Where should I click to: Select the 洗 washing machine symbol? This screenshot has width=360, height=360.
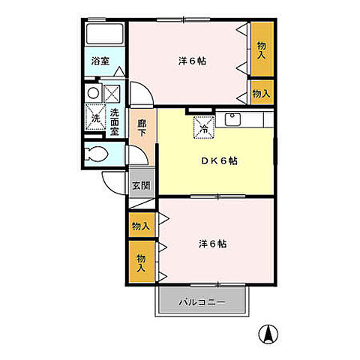point(96,117)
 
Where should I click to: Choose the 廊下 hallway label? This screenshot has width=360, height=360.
point(141,127)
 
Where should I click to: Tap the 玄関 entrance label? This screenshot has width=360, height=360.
point(140,185)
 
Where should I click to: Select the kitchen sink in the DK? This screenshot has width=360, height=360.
point(232,119)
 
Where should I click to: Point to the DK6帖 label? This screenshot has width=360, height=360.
point(217,160)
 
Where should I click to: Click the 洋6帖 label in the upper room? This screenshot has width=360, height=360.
point(192,61)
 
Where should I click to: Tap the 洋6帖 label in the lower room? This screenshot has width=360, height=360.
point(212,244)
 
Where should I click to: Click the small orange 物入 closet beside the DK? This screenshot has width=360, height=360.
point(261,94)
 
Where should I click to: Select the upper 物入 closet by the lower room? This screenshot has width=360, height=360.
point(140,225)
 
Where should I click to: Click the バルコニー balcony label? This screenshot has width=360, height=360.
point(202,303)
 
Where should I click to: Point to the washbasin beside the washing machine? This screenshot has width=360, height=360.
point(94,93)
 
